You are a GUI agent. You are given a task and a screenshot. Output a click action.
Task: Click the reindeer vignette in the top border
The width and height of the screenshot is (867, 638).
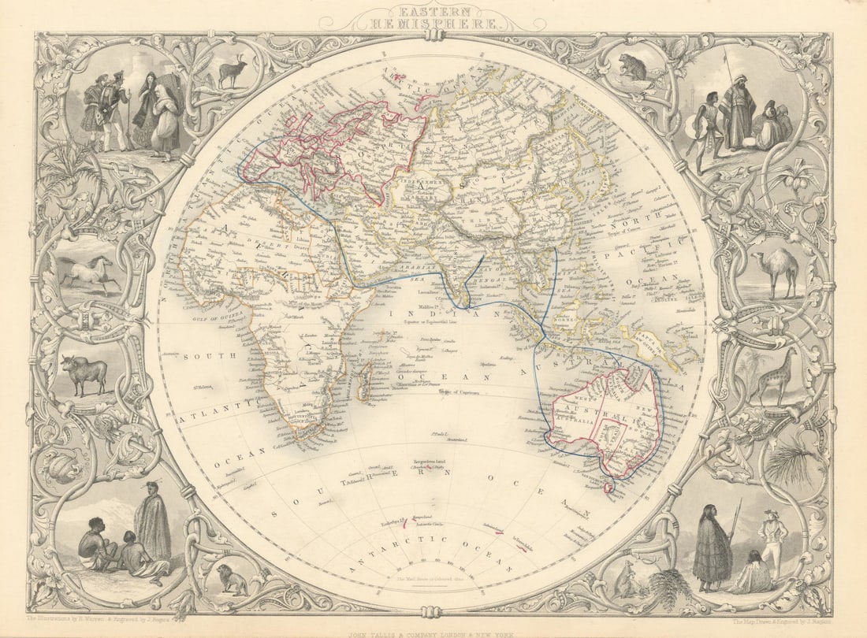(233, 72)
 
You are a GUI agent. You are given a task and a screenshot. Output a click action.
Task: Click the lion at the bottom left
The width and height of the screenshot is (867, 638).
(233, 580)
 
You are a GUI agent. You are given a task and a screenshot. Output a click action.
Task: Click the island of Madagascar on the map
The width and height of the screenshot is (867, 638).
(365, 386)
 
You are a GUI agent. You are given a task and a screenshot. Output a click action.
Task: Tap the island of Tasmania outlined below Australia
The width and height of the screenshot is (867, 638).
(608, 485)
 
